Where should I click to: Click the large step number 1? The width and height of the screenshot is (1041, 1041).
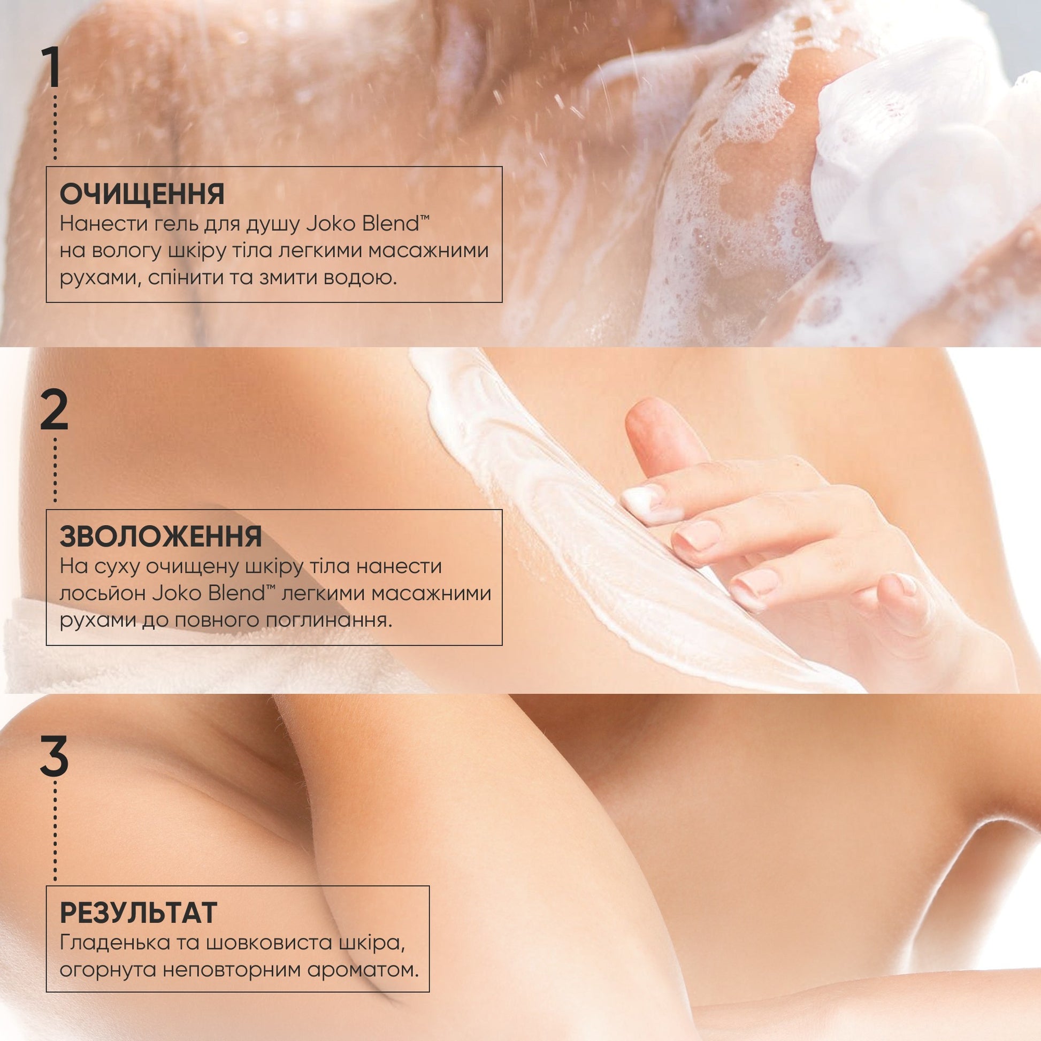[x=52, y=68]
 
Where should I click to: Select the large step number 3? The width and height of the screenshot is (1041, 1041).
[x=54, y=756]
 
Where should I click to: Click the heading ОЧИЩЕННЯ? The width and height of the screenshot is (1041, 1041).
[x=142, y=195]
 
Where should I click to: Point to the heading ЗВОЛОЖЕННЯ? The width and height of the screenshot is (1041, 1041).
[x=160, y=536]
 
